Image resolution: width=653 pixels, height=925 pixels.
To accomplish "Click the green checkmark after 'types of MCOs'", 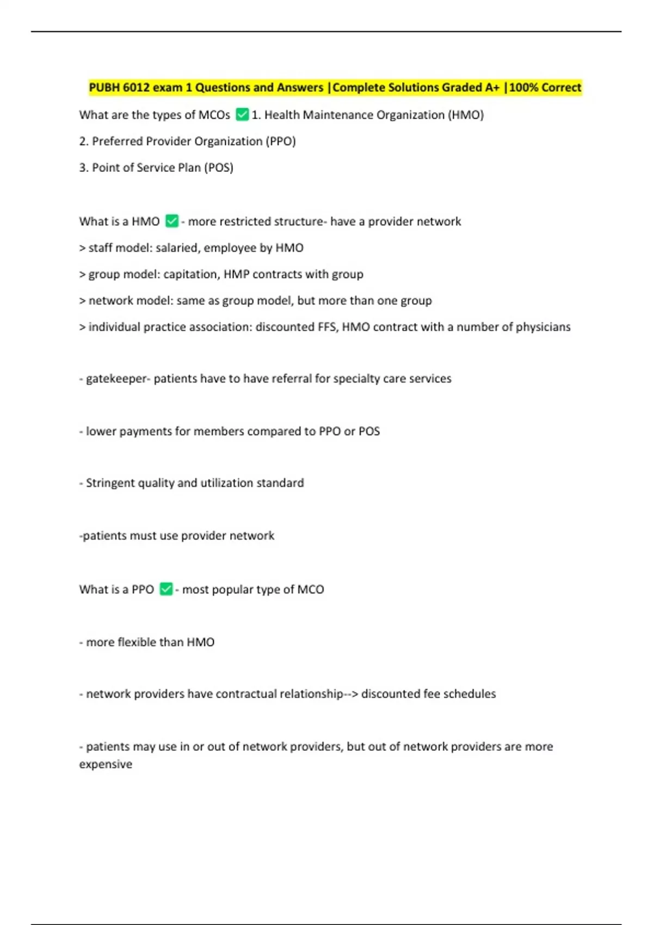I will [x=242, y=115].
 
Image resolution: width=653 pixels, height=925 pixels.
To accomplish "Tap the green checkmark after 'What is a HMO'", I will [x=172, y=221].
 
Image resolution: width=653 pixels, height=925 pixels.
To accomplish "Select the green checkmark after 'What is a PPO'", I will [x=166, y=589].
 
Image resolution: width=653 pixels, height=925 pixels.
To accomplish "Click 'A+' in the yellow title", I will [x=492, y=88].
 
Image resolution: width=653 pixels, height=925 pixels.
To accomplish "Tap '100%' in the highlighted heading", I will [x=523, y=88].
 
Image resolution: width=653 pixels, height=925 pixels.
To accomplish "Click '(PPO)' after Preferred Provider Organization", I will [x=281, y=141].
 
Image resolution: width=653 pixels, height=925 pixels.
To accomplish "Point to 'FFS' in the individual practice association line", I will [x=327, y=327].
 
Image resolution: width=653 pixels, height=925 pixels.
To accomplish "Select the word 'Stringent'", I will [x=110, y=483].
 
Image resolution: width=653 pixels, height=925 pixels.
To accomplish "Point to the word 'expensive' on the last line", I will [x=106, y=764].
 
